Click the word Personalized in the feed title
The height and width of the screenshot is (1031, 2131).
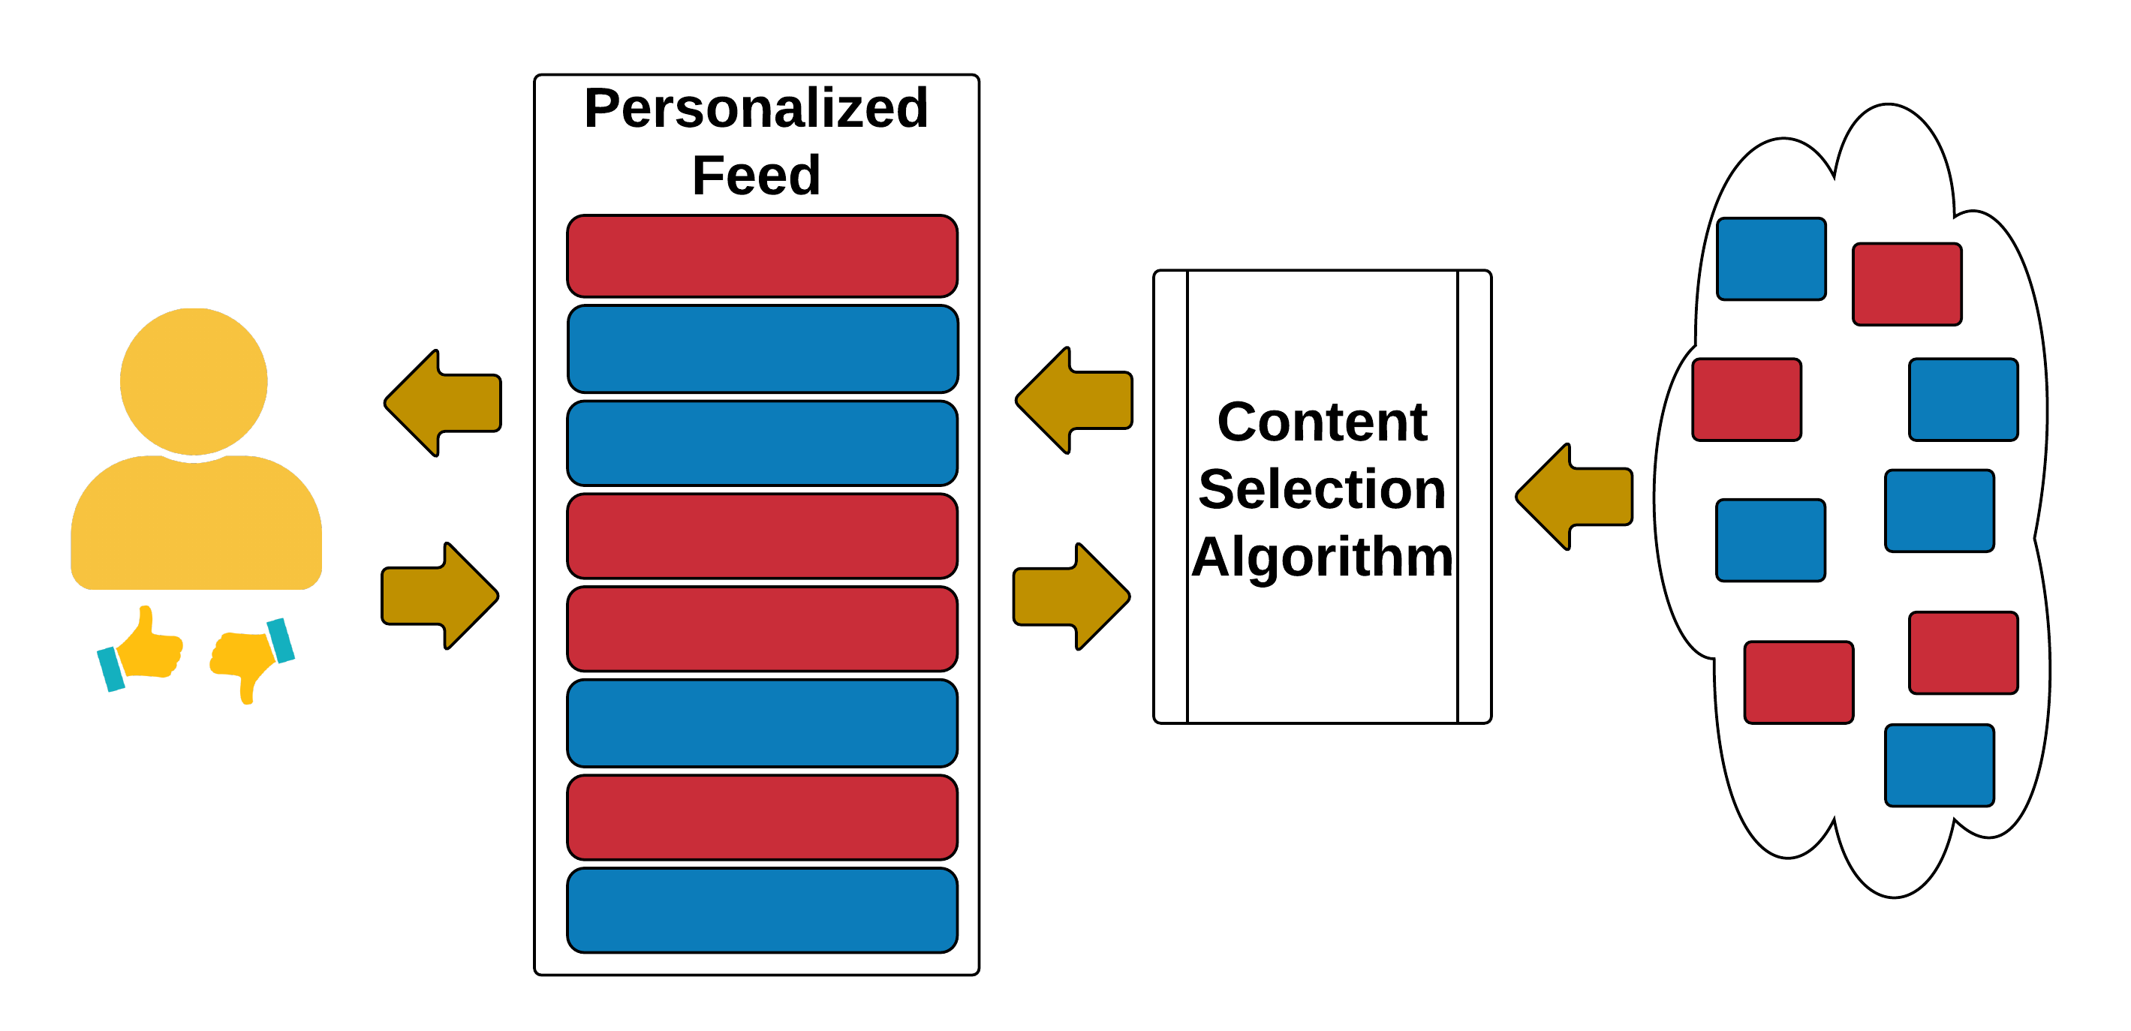point(755,109)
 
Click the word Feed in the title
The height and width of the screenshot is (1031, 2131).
point(755,176)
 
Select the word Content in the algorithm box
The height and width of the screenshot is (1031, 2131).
point(1322,422)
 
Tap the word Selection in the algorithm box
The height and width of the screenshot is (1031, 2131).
point(1322,489)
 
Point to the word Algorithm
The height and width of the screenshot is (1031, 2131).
point(1322,557)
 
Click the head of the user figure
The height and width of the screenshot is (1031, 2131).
point(194,381)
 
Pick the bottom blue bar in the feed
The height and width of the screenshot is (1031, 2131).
point(762,910)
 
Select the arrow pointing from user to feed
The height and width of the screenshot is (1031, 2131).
point(439,595)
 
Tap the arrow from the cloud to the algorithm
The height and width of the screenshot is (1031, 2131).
point(1574,496)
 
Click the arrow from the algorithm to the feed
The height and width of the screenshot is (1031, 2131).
point(1074,400)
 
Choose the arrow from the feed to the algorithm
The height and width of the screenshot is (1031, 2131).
point(1071,596)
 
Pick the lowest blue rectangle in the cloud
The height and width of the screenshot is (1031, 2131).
point(1939,765)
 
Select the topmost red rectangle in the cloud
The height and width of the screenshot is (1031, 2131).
point(1907,284)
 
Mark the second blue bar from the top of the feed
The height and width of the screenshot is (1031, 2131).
point(762,443)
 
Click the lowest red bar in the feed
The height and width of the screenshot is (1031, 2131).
point(762,817)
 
